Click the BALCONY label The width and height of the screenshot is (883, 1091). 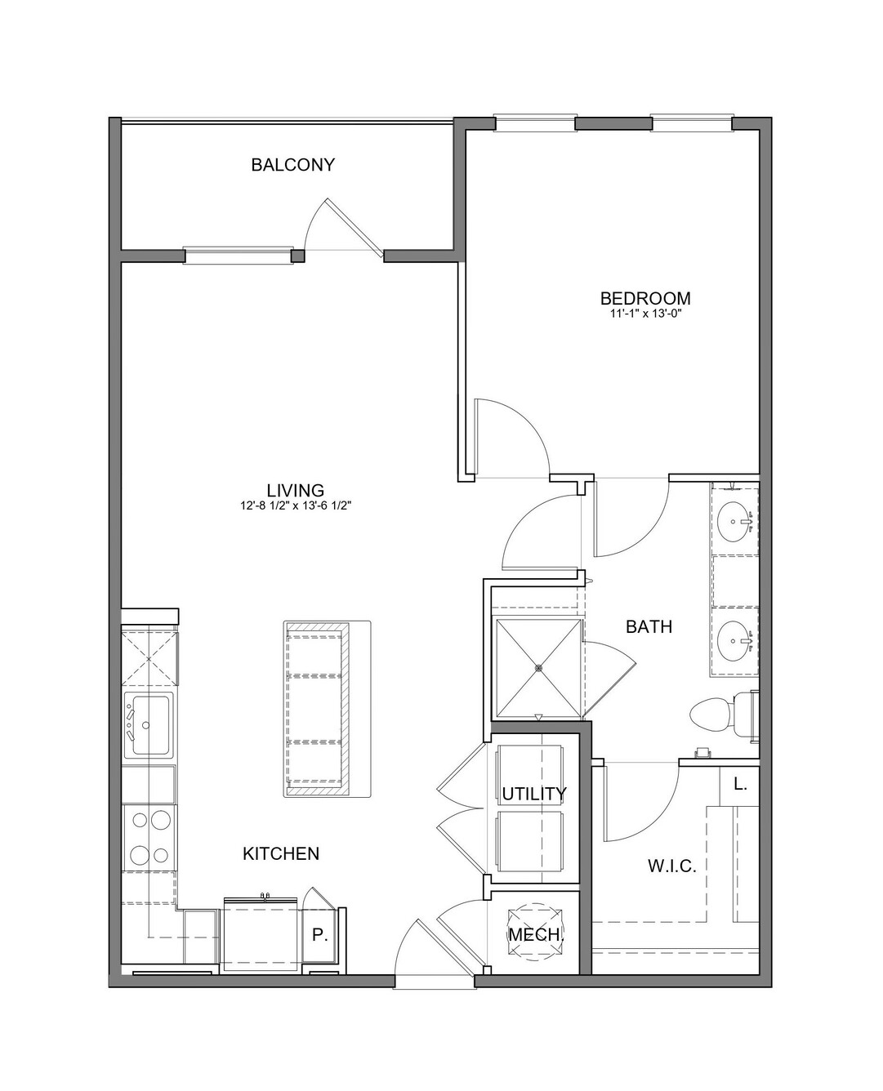293,165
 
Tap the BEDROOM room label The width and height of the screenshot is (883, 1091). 645,298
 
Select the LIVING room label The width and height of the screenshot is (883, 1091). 296,490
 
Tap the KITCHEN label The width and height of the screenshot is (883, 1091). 281,854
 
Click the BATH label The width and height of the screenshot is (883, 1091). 649,627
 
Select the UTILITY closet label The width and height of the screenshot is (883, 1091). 534,794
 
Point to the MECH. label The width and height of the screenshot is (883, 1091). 536,935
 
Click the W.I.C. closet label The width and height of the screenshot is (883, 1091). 672,866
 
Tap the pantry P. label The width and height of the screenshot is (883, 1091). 319,935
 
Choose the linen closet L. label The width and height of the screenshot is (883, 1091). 739,784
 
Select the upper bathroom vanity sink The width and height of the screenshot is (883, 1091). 735,522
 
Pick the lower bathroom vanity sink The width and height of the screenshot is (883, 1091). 736,641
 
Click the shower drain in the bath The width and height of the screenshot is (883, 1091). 538,667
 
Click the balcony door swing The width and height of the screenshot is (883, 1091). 342,227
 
